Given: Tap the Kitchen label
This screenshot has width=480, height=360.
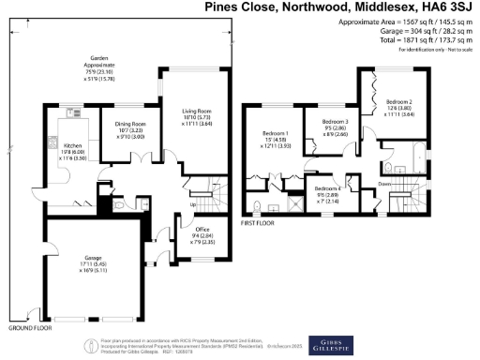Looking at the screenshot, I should pos(74,146).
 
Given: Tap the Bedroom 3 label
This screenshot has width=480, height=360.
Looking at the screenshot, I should pos(336,122).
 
